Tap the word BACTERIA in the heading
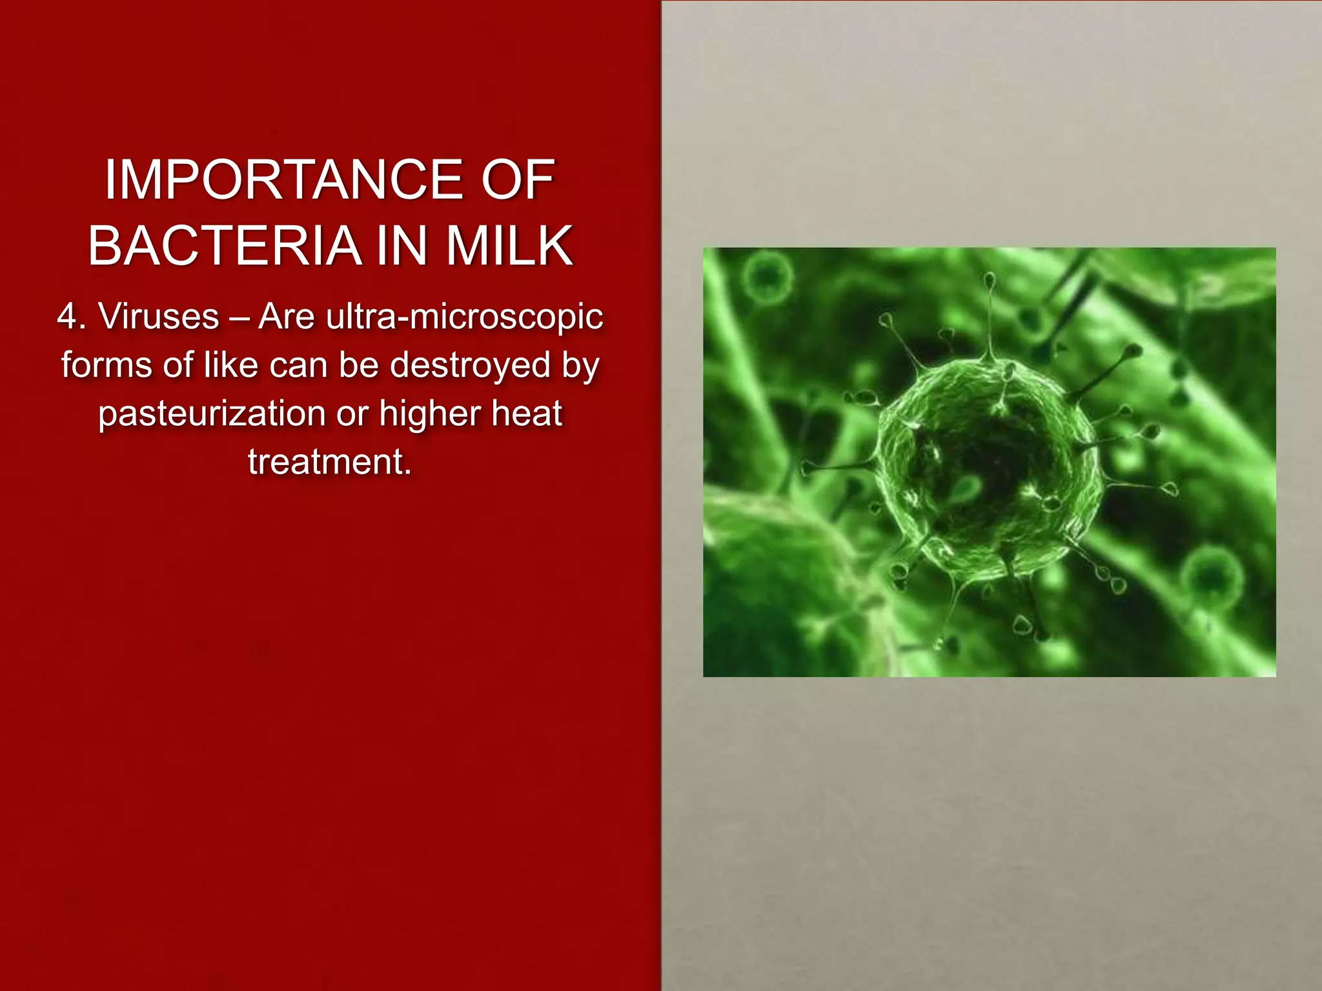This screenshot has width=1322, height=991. pyautogui.click(x=223, y=246)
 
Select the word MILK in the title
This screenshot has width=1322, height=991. pyautogui.click(x=509, y=246)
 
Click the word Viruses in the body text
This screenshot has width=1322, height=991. pyautogui.click(x=159, y=317)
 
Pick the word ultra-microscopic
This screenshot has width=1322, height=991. pyautogui.click(x=464, y=317)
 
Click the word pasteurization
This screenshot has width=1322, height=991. pyautogui.click(x=213, y=414)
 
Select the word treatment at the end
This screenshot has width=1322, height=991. pyautogui.click(x=329, y=462)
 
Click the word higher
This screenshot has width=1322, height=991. pyautogui.click(x=429, y=414)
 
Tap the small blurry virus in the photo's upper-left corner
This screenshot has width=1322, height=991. pyautogui.click(x=767, y=277)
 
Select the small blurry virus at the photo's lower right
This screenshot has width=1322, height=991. pyautogui.click(x=1212, y=576)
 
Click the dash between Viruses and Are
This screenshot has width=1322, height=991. pyautogui.click(x=239, y=318)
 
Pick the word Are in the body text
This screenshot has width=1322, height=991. pyautogui.click(x=287, y=317)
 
